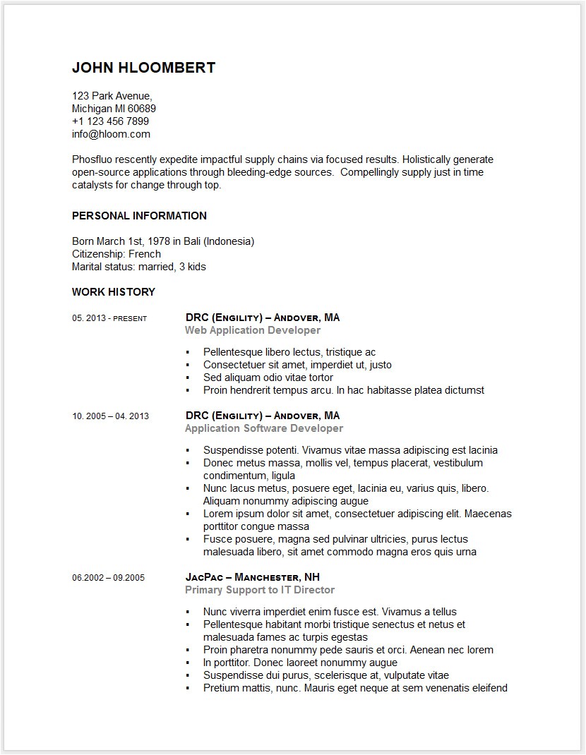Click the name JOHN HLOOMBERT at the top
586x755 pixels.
click(143, 68)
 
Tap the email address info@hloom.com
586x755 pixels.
click(111, 134)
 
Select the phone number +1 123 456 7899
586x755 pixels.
click(110, 121)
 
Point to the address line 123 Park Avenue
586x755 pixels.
click(112, 96)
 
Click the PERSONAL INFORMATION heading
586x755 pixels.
click(139, 216)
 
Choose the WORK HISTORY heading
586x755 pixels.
click(113, 292)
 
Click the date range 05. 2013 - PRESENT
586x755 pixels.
click(109, 318)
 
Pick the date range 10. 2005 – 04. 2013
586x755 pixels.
click(110, 416)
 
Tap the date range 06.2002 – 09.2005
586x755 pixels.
click(108, 578)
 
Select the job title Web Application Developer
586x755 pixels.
click(252, 330)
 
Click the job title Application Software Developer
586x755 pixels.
click(263, 428)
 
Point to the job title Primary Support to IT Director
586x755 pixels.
click(259, 590)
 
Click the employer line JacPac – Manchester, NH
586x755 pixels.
click(252, 577)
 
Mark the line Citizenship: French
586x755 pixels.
click(116, 254)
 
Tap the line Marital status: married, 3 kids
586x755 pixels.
click(138, 267)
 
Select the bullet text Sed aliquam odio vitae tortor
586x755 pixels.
click(268, 377)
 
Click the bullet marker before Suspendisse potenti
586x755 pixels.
click(188, 450)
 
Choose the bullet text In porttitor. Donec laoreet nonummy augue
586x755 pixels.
click(300, 663)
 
